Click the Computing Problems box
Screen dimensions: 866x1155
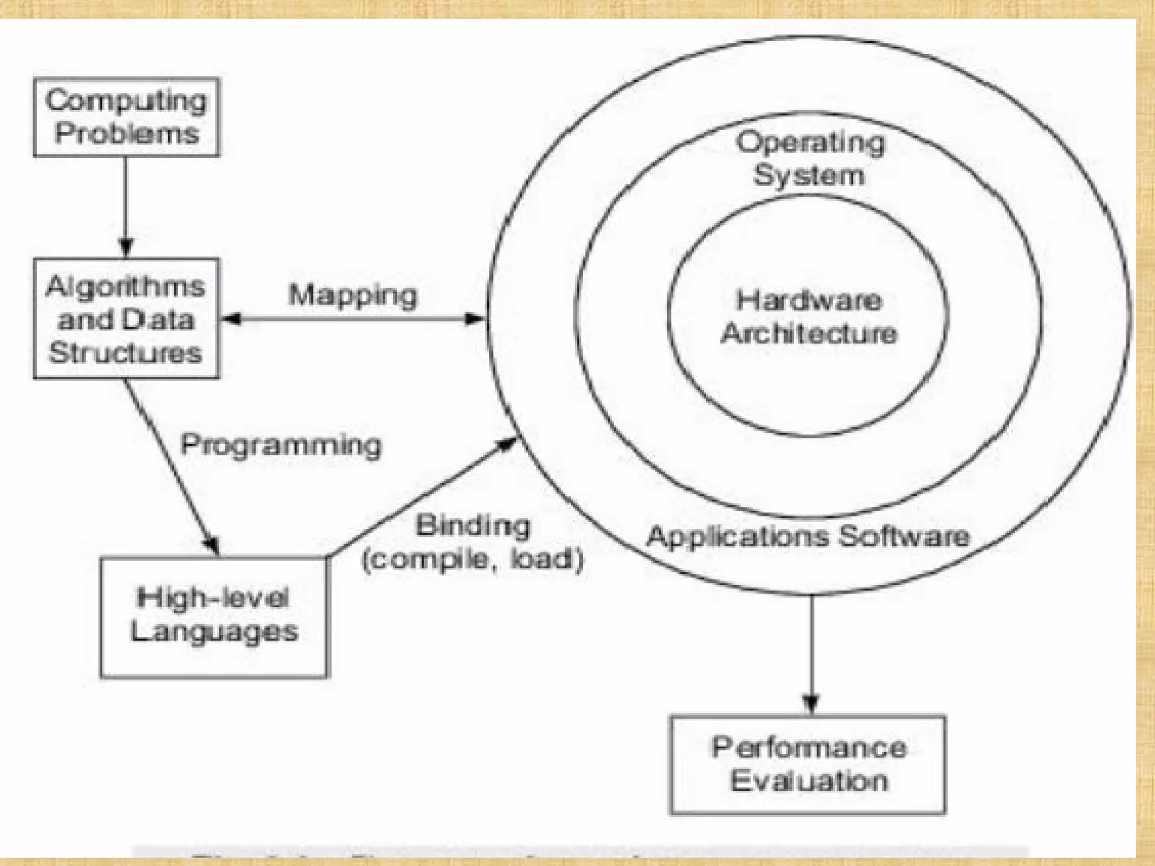(x=126, y=117)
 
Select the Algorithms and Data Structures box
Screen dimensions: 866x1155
(x=126, y=319)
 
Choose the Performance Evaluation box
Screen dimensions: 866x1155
(x=808, y=765)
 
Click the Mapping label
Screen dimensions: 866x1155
(x=353, y=295)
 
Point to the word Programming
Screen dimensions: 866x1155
(x=281, y=445)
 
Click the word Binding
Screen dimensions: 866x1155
(x=473, y=525)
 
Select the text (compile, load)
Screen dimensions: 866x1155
(x=473, y=560)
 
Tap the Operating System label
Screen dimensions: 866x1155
(x=810, y=158)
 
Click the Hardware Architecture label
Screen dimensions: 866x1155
(x=809, y=317)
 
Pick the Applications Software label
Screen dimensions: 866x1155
(x=808, y=536)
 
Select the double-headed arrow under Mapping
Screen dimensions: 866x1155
(x=353, y=320)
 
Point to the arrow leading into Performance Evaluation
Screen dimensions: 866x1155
(x=811, y=654)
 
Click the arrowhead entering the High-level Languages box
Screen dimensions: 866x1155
(x=213, y=546)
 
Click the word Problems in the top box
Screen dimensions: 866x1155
(x=127, y=134)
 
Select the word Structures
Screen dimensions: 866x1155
(x=125, y=353)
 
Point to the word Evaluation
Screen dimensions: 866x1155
(x=809, y=781)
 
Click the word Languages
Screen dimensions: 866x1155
(x=214, y=631)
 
